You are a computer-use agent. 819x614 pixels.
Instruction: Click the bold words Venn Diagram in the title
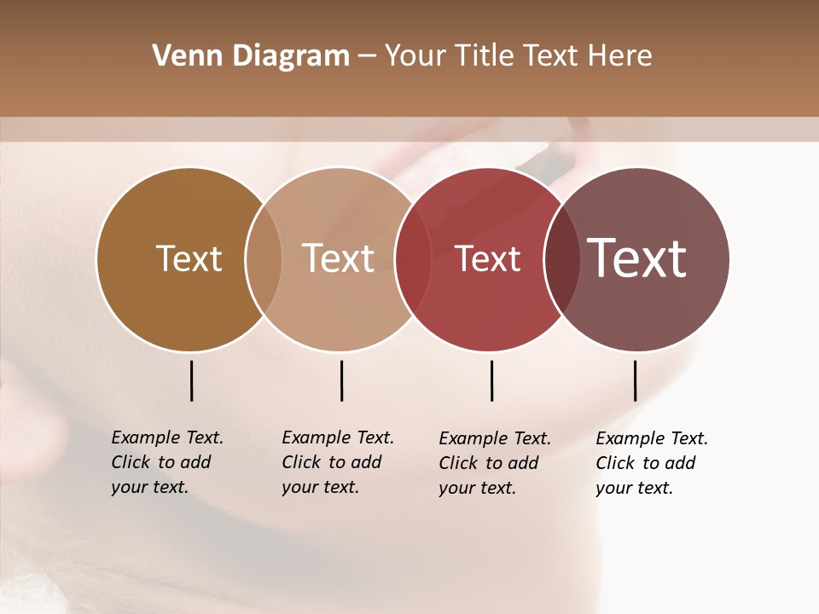pyautogui.click(x=251, y=56)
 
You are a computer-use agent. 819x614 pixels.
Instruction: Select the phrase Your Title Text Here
pyautogui.click(x=518, y=56)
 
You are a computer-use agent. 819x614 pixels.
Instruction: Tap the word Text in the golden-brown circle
pyautogui.click(x=189, y=259)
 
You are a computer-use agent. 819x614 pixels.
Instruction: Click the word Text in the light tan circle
pyautogui.click(x=338, y=259)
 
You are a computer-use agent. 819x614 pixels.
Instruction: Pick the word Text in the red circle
pyautogui.click(x=487, y=259)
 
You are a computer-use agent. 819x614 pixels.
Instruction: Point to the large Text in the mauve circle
pyautogui.click(x=636, y=258)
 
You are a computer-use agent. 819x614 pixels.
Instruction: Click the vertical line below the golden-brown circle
pyautogui.click(x=191, y=380)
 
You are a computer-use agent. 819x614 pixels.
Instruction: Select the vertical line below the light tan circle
pyautogui.click(x=341, y=380)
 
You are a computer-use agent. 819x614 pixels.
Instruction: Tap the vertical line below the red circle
pyautogui.click(x=491, y=380)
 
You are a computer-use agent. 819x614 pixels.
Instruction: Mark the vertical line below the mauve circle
pyautogui.click(x=635, y=380)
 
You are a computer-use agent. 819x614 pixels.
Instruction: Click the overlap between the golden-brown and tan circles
pyautogui.click(x=264, y=259)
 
